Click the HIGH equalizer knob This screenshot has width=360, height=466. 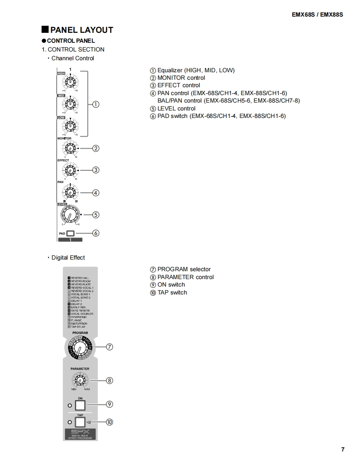click(x=70, y=81)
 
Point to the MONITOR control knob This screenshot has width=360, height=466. click(x=70, y=148)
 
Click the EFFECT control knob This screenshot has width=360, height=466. click(x=70, y=170)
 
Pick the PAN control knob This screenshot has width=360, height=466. click(x=70, y=192)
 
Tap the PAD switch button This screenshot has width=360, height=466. click(x=70, y=233)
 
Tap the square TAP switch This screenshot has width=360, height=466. click(x=80, y=422)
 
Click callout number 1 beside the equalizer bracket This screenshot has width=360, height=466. click(x=96, y=104)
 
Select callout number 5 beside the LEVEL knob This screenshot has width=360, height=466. click(x=96, y=215)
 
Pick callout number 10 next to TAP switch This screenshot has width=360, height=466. click(x=110, y=422)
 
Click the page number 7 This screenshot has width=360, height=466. click(x=343, y=449)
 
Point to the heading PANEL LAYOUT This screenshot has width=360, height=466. click(x=81, y=30)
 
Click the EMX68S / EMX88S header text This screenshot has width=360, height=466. click(x=318, y=15)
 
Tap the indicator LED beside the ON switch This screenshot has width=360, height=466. click(x=70, y=405)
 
